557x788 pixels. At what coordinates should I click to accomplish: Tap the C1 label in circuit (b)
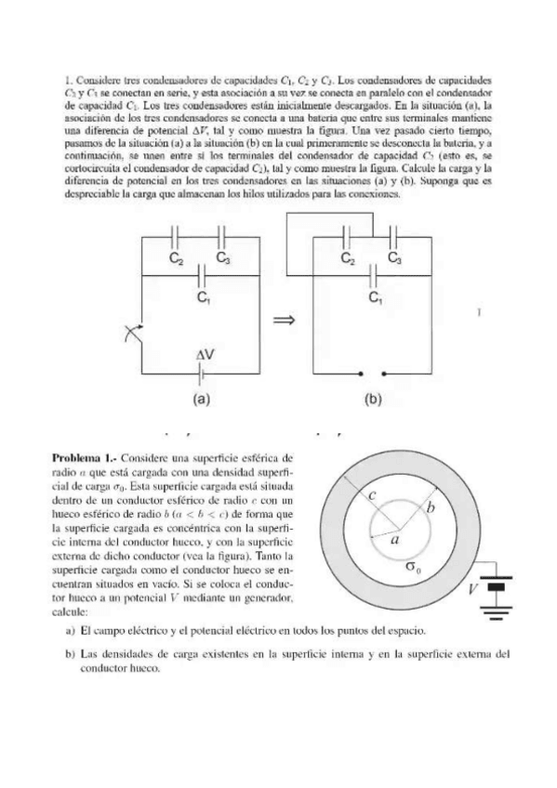[x=376, y=297]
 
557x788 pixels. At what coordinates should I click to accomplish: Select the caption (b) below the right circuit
[x=374, y=401]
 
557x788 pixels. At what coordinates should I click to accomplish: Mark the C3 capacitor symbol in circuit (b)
[x=393, y=235]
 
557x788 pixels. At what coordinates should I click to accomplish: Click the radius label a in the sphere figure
[x=394, y=538]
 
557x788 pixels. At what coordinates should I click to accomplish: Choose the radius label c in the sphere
[x=371, y=497]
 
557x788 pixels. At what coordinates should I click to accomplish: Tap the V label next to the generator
[x=472, y=589]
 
